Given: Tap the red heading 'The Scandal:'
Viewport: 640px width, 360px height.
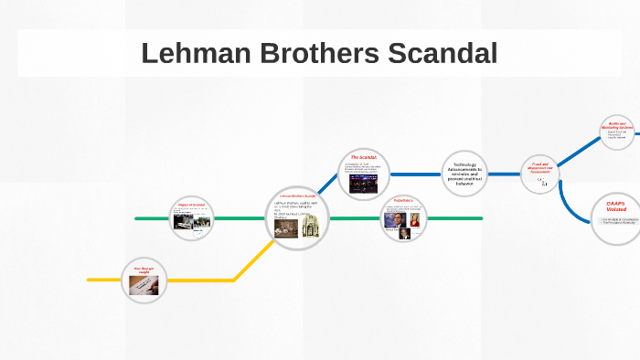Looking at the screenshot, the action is pos(364,157).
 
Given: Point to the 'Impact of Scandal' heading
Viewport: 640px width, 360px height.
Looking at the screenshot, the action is pos(193,205).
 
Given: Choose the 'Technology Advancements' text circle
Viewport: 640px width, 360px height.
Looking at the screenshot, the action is pos(465,173).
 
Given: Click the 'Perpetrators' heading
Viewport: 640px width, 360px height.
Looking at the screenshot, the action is pos(403,200).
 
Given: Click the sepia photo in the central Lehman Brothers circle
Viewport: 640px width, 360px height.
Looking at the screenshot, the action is pos(287,231).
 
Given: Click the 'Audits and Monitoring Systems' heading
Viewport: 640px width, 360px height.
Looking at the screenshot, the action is pos(617,125).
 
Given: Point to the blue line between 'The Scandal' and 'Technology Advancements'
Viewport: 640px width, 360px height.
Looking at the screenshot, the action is pos(417,174).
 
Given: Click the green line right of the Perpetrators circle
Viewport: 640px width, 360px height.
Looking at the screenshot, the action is pos(457,219).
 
